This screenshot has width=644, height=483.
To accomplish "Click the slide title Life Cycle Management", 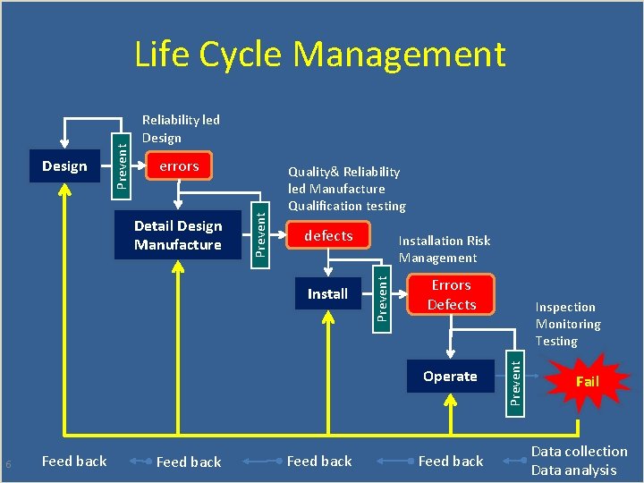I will pyautogui.click(x=320, y=55).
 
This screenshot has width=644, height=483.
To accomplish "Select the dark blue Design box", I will pyautogui.click(x=64, y=166).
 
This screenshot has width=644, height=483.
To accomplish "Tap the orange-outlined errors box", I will pyautogui.click(x=179, y=166).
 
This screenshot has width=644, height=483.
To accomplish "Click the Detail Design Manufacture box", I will pyautogui.click(x=178, y=235).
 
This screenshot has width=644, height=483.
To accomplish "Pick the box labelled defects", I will pyautogui.click(x=328, y=236).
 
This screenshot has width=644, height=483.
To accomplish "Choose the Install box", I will pyautogui.click(x=327, y=294).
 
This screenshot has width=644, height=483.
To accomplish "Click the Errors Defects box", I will pyautogui.click(x=451, y=295).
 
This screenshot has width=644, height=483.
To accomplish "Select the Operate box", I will pyautogui.click(x=450, y=377).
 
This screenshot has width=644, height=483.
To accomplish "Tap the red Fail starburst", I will pyautogui.click(x=587, y=382).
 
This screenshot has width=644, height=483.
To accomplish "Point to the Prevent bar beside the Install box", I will pyautogui.click(x=381, y=294).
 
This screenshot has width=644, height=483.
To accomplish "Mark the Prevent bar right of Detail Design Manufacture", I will pyautogui.click(x=258, y=230).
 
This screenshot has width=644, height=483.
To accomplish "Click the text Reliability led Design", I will pyautogui.click(x=181, y=129).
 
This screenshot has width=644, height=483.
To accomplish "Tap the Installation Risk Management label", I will pyautogui.click(x=445, y=250).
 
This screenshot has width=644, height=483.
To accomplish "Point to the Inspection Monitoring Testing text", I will pyautogui.click(x=568, y=324).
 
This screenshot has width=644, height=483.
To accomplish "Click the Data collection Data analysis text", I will pyautogui.click(x=579, y=461).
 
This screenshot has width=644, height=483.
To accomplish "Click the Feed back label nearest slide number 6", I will pyautogui.click(x=74, y=462).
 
